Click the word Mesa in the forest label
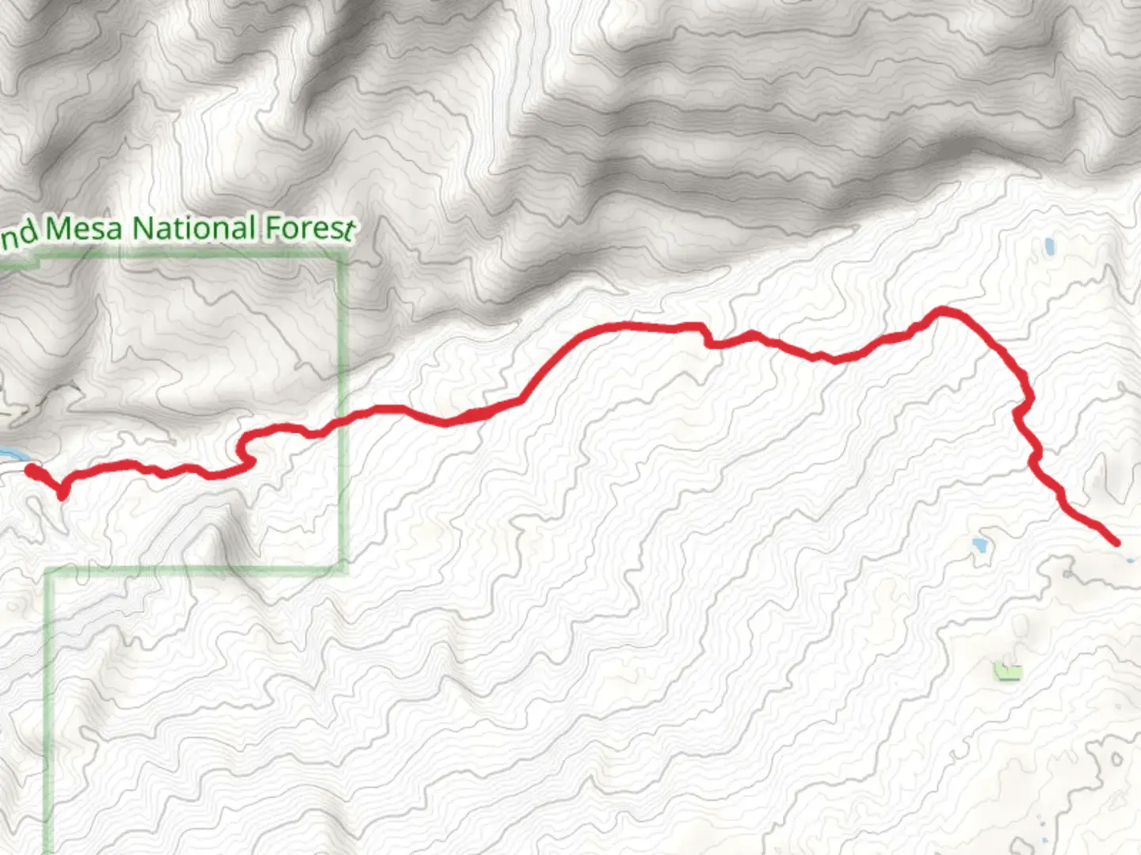coord(84,229)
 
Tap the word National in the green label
coord(193,228)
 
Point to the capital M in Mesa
coord(56,229)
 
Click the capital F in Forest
coord(272,227)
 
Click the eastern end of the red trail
coord(1116,543)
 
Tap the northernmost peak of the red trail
coord(942,310)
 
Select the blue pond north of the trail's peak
coord(1050,247)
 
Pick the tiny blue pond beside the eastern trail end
coord(1129,559)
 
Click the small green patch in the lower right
coord(1008,672)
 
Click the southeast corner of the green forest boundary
coord(344,569)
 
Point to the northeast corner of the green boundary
coord(344,257)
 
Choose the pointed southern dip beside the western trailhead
coord(62,496)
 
